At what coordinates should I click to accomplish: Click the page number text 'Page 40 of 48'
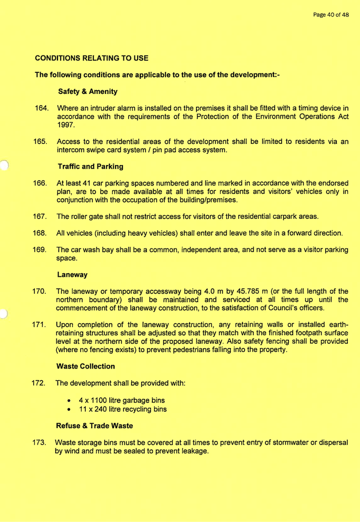coord(330,14)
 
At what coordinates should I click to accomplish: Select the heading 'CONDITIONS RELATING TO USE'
coord(92,57)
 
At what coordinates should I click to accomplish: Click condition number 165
coord(41,143)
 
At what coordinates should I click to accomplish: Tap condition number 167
coord(41,217)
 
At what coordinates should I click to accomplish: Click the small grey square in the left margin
coord(3,314)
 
